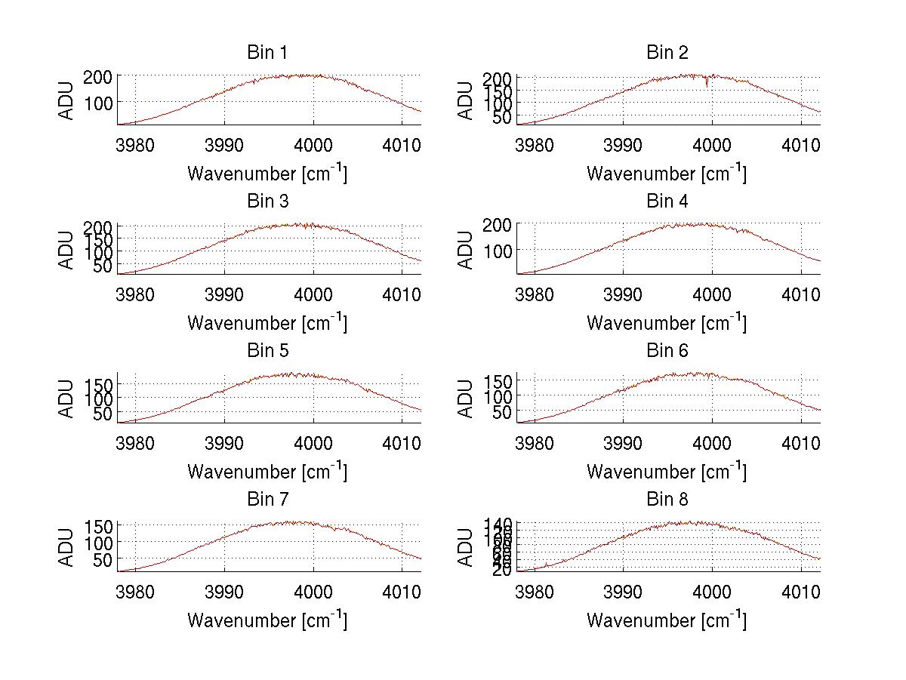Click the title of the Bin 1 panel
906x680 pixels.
pos(267,53)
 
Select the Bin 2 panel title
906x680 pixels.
pos(667,53)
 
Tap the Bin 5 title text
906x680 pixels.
pos(267,351)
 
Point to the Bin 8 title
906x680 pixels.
pos(667,500)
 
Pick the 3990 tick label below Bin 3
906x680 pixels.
pos(224,294)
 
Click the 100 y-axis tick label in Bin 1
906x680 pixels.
pos(103,102)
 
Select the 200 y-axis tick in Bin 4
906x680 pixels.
pos(502,224)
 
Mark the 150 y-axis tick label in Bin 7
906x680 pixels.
pos(103,525)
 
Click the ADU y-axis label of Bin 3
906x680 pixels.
pos(67,249)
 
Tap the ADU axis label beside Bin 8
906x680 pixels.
pos(467,546)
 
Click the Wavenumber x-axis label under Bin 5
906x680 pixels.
pos(267,471)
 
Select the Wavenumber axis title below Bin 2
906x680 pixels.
pos(667,174)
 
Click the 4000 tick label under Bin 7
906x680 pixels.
pos(313,591)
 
